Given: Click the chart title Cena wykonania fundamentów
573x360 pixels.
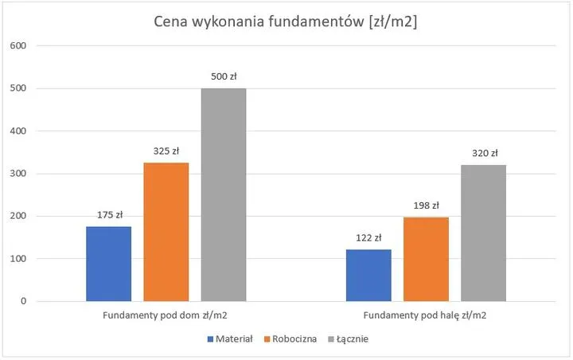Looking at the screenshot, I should pos(286,22).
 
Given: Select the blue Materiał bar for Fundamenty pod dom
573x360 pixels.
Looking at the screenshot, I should pos(108,264).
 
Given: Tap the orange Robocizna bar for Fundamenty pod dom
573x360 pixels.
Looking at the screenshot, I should pos(166,232).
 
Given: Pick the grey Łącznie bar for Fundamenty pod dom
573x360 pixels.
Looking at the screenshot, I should pos(223,194).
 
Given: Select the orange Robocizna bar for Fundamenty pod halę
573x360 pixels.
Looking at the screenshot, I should pos(426,259).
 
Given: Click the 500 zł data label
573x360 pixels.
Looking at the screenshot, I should pos(224,77).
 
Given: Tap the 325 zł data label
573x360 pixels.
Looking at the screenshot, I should pos(166,151).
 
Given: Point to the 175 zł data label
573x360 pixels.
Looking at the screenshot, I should pos(108,215).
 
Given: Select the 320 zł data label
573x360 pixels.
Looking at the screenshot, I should pos(483,154).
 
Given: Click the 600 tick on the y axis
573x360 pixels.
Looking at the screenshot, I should pos(19,46).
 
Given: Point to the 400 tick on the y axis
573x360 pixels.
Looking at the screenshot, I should pos(19,131).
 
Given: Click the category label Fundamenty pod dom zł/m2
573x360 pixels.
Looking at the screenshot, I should pos(166,315).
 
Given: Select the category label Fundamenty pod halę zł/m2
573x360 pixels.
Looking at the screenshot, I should pos(426,315).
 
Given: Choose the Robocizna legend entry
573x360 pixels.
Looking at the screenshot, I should pos(292,338).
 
